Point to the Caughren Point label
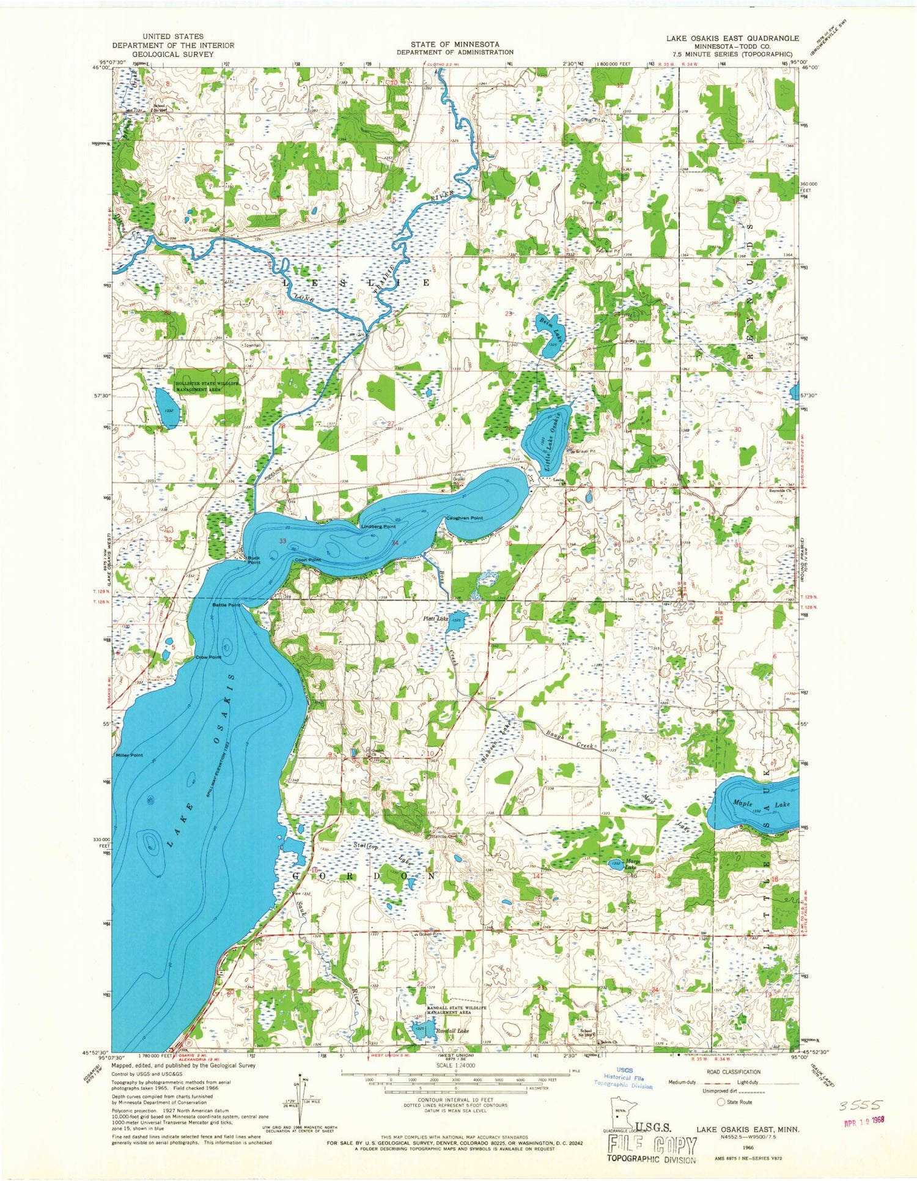464,518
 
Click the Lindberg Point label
378,526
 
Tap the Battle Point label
226,605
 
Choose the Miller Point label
128,755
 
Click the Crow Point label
208,657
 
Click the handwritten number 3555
860,1105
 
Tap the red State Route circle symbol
721,1101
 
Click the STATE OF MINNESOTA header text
455,45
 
